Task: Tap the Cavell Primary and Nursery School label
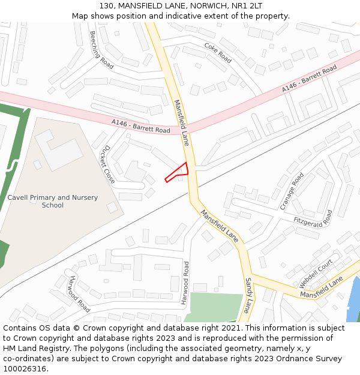tap(53, 201)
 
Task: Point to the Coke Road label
tap(218, 52)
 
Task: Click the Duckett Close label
tap(108, 164)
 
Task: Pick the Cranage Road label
tap(292, 191)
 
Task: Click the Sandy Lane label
tap(247, 295)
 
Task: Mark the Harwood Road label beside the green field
tap(186, 283)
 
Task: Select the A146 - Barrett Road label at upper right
tap(310, 80)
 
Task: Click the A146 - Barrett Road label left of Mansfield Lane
tap(141, 126)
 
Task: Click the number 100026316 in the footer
tap(25, 368)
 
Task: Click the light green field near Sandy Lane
tap(214, 307)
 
